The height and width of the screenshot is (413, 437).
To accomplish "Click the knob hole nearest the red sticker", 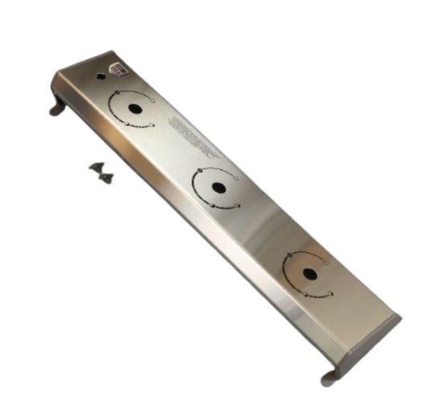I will click(135, 108).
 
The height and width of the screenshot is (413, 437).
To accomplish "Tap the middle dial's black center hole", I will click(218, 187).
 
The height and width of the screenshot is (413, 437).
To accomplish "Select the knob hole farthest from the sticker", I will click(310, 273).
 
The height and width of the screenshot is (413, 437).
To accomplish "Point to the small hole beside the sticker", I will click(100, 78).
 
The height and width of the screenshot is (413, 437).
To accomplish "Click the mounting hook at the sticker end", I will click(57, 106).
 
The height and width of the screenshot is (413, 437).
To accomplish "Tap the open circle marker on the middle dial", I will click(237, 177).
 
